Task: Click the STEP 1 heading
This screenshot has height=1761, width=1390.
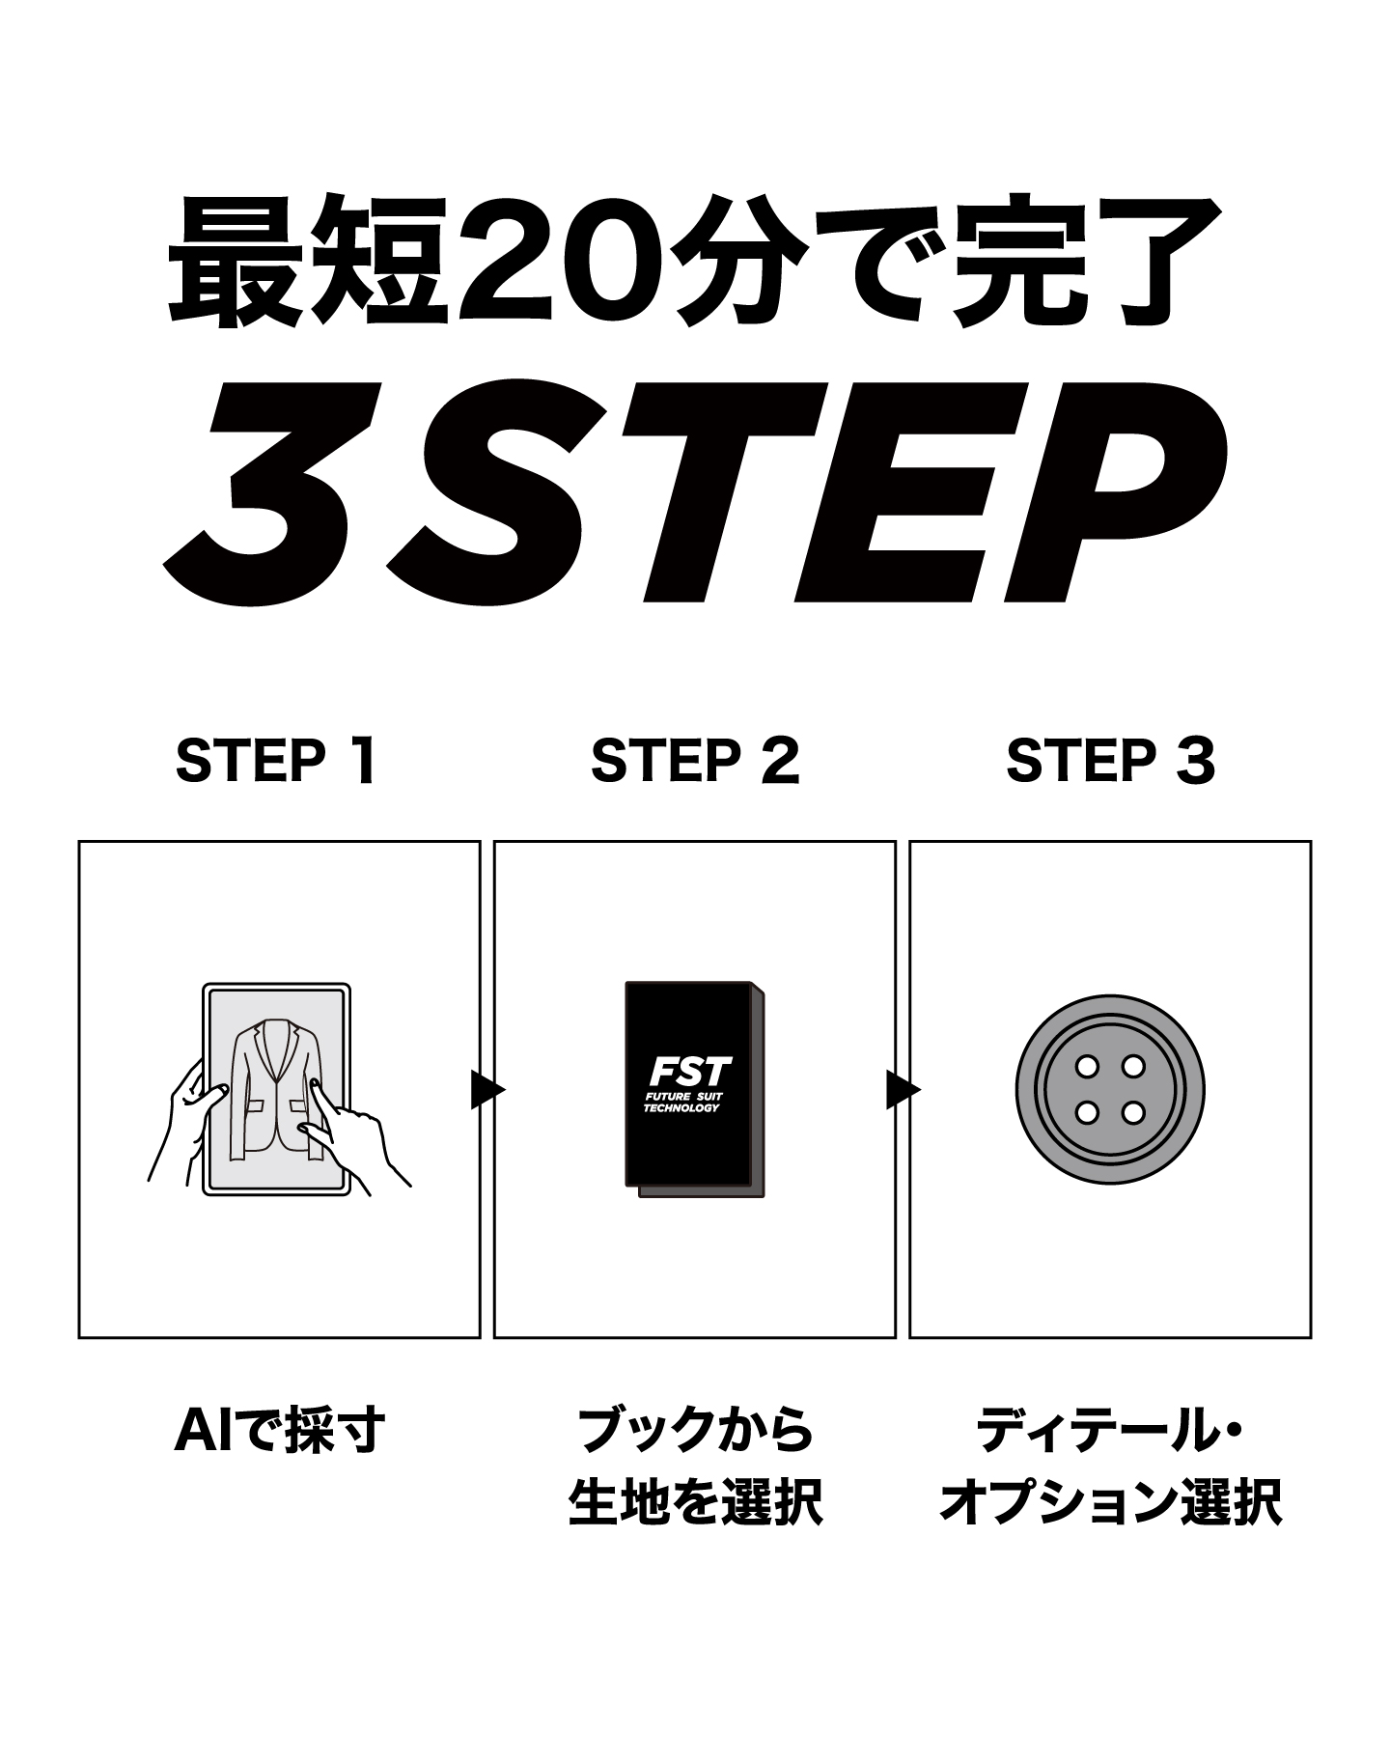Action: click(x=275, y=761)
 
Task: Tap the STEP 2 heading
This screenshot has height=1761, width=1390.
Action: click(x=695, y=761)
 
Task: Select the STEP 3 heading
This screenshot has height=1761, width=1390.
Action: click(x=1110, y=761)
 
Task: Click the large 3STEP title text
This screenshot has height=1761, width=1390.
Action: click(x=695, y=492)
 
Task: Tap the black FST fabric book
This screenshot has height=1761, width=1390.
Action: click(x=696, y=1090)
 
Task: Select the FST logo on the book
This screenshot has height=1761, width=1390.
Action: click(x=690, y=1071)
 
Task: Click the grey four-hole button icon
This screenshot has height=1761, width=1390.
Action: click(x=1110, y=1089)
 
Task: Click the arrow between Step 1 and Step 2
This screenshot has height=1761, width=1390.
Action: click(x=487, y=1090)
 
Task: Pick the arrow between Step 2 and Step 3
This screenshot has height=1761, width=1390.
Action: click(x=903, y=1090)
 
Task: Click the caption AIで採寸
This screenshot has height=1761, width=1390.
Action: click(x=280, y=1430)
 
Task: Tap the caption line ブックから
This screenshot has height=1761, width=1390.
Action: click(x=695, y=1430)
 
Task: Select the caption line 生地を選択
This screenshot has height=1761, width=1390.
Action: click(x=695, y=1502)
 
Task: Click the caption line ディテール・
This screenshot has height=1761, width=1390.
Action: click(x=1110, y=1430)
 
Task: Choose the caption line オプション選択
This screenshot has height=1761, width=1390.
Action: click(x=1110, y=1502)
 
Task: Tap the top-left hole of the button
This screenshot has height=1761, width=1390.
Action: click(x=1088, y=1067)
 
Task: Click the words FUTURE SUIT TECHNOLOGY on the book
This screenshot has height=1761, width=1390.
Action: click(x=682, y=1104)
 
